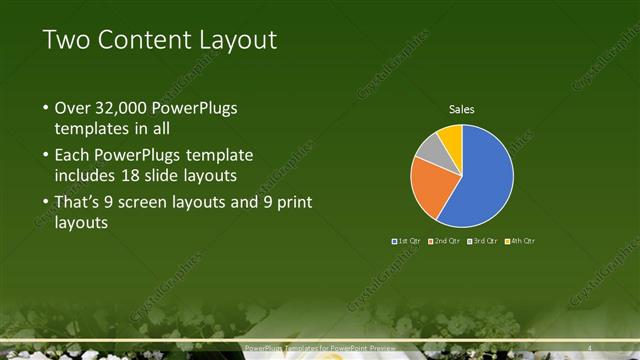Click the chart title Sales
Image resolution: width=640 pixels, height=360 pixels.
click(x=461, y=109)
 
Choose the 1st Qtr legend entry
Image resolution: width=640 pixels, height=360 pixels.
click(x=408, y=241)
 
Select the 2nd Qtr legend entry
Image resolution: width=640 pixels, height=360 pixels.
click(x=445, y=241)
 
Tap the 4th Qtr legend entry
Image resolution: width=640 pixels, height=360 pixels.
click(x=521, y=241)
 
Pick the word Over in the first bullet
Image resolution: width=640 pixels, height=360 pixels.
click(x=72, y=108)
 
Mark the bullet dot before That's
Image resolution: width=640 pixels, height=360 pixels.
click(x=45, y=203)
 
